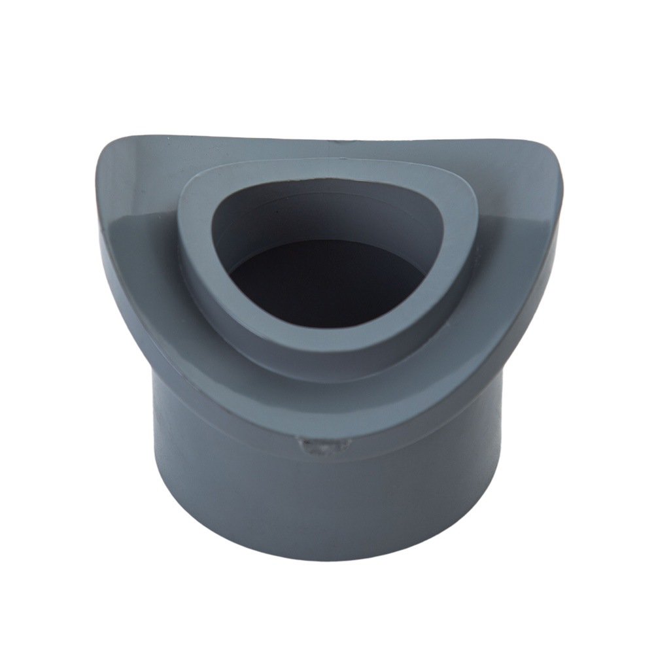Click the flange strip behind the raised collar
pos(327,149)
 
